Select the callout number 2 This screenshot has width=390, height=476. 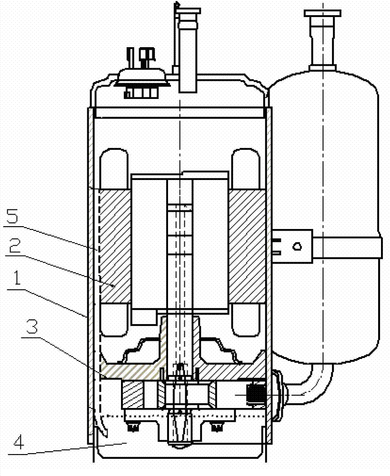click(x=15, y=246)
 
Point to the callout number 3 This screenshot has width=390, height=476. click(x=31, y=326)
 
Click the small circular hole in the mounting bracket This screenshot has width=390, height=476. click(x=297, y=246)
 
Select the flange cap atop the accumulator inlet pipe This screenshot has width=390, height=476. click(x=322, y=13)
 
